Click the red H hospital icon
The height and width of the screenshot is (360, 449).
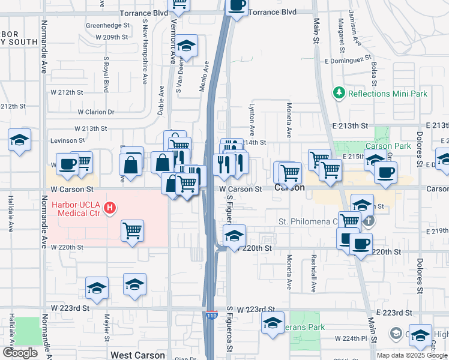click(110, 208)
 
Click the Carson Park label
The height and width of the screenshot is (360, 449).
click(388, 146)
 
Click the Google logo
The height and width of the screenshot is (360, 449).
click(20, 353)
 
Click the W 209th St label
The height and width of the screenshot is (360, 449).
click(112, 37)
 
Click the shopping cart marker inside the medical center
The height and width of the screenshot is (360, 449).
click(132, 230)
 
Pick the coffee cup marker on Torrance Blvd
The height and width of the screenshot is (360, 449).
click(237, 6)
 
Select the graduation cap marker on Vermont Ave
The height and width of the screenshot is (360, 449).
click(187, 46)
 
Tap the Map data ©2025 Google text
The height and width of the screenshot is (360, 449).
click(411, 355)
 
